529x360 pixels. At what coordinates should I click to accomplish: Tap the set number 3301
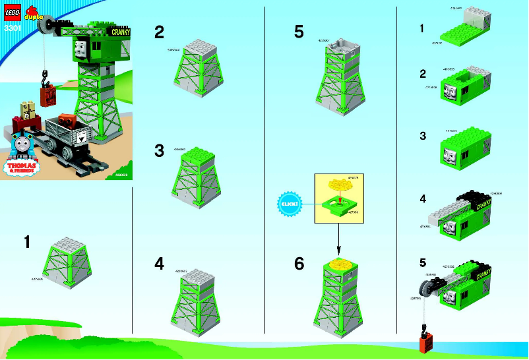[x=11, y=28]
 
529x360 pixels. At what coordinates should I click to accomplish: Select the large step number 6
[x=299, y=264]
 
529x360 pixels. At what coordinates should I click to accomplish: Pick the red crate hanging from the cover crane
[x=49, y=98]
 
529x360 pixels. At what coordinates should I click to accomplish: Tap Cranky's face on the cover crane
[x=80, y=48]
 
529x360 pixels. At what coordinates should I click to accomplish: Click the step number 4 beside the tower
[x=159, y=264]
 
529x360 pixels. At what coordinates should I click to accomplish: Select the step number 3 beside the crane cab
[x=423, y=137]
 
